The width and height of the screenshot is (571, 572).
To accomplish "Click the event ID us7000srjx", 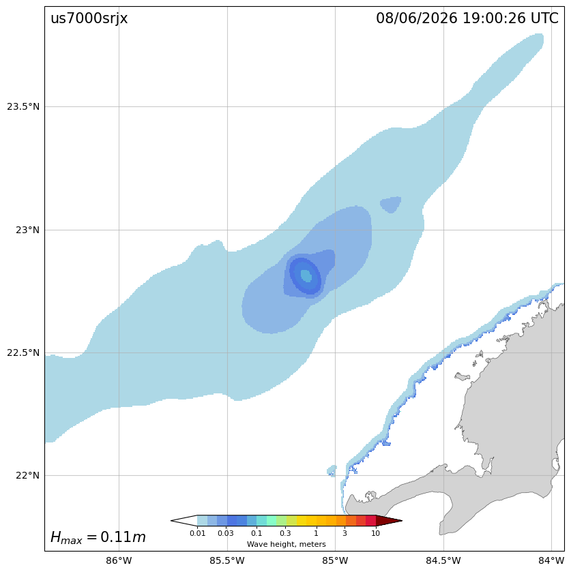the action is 89,18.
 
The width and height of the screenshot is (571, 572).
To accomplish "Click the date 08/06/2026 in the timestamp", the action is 417,18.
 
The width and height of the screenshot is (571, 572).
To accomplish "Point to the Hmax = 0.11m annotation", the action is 98,537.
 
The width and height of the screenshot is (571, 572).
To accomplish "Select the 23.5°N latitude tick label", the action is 23,107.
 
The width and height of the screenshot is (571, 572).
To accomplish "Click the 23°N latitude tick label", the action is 27,230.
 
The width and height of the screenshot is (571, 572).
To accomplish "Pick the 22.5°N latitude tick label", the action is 23,352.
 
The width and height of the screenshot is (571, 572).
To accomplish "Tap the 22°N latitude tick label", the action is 27,476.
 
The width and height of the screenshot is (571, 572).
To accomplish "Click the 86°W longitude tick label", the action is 119,560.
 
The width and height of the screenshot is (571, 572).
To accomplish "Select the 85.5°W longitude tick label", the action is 227,560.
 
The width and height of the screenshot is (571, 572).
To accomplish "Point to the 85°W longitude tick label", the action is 335,560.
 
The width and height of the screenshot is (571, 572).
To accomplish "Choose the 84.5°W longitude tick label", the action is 443,560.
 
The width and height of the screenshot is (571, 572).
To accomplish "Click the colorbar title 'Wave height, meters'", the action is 287,544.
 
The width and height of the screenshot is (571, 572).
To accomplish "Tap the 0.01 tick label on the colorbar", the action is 198,533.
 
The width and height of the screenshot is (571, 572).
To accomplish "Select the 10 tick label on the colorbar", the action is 376,533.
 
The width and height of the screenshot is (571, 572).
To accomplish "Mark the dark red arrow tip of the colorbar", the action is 402,521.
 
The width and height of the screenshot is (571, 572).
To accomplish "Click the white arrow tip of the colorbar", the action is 172,521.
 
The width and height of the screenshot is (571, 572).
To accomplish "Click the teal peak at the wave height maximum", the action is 306,275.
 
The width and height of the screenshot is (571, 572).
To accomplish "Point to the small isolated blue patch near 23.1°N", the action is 391,205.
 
